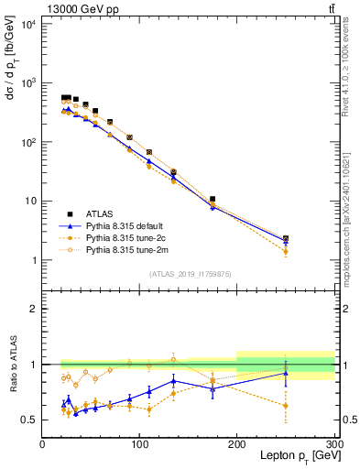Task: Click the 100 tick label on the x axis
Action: (139, 444)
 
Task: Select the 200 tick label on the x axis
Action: (237, 444)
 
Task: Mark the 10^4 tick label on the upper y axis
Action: (27, 24)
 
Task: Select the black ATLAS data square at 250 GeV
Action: (286, 238)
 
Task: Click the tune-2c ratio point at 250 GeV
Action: (286, 405)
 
